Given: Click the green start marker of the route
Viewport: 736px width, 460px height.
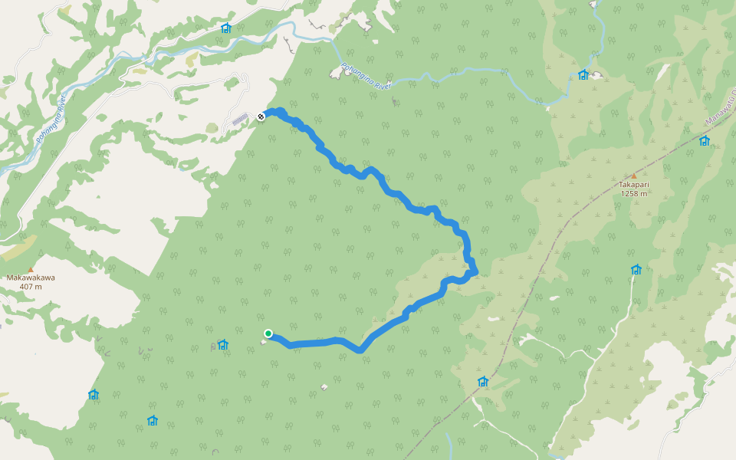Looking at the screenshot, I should (x=268, y=333).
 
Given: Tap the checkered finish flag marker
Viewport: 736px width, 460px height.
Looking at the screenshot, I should (x=261, y=117).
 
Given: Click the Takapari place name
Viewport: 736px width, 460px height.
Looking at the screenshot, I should (x=634, y=185).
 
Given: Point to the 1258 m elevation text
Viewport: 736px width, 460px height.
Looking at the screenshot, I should (x=634, y=194).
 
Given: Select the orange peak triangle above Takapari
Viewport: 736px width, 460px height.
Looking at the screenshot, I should (x=634, y=176).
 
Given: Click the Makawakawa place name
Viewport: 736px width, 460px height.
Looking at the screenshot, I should (x=31, y=278).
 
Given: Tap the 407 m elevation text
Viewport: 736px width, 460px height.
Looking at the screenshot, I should (x=31, y=287).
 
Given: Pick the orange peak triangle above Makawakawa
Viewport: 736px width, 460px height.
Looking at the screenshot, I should (x=31, y=268).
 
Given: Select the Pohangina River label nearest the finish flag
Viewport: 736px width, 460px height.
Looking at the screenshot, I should (x=366, y=76).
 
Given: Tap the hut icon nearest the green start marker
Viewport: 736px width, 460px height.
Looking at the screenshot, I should (x=223, y=345).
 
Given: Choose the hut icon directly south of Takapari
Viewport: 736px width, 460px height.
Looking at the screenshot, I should (x=636, y=269).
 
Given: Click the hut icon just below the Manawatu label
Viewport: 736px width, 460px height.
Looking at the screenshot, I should (x=704, y=140).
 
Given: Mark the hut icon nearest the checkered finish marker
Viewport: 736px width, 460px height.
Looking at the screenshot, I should (x=225, y=28).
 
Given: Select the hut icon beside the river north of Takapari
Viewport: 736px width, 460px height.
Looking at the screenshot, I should (x=583, y=74).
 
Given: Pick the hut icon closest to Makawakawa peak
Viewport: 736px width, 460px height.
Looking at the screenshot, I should (x=94, y=395).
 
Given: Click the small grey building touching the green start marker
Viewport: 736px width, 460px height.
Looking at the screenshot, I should (x=263, y=341).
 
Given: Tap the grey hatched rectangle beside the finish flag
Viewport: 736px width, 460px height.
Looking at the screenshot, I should (x=240, y=119).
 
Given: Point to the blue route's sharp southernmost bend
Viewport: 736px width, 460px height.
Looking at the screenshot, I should (x=359, y=350).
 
